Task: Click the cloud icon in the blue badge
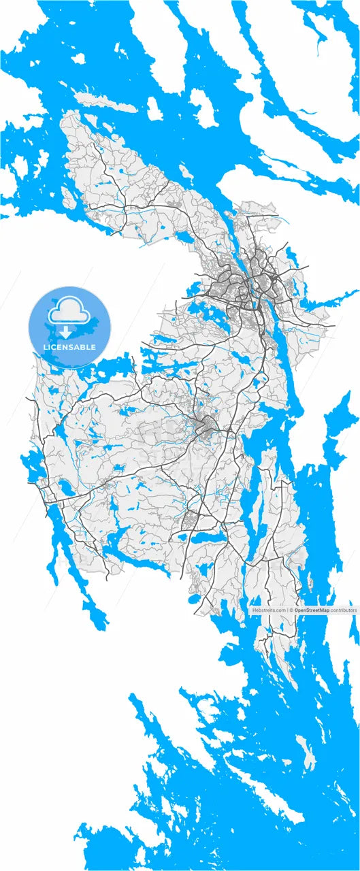click(69, 310)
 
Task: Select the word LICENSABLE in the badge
click(69, 348)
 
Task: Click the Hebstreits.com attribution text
click(268, 610)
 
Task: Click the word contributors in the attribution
click(344, 610)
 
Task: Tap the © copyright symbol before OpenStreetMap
click(291, 610)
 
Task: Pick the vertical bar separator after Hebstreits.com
click(287, 610)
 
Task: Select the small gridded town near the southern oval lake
click(193, 521)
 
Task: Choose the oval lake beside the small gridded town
click(204, 537)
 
